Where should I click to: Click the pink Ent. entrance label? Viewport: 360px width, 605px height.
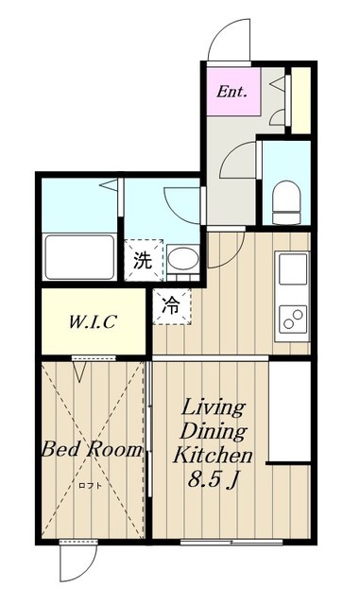coord(231,92)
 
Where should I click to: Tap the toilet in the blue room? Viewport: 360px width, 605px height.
coord(286,202)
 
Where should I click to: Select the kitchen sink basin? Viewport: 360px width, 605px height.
coord(293,268)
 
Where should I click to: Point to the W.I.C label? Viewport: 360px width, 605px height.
coord(93,321)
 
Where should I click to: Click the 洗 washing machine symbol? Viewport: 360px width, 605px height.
coord(144,261)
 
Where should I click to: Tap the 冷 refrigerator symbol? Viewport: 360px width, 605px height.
coord(172,306)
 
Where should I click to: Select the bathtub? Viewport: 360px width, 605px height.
coord(79,256)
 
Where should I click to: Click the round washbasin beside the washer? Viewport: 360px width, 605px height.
coord(183,258)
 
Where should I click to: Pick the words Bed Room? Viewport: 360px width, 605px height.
coord(92,449)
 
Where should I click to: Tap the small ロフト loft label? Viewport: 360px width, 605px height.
coord(91,486)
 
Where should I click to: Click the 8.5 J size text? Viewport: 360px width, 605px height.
coord(212,479)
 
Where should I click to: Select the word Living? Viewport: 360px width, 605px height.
coord(214,408)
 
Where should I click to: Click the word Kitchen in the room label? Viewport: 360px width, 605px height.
coord(213,456)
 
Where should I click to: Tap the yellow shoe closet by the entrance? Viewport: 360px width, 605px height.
coord(301,100)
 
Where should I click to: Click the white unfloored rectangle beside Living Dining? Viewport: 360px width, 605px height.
coord(290,411)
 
